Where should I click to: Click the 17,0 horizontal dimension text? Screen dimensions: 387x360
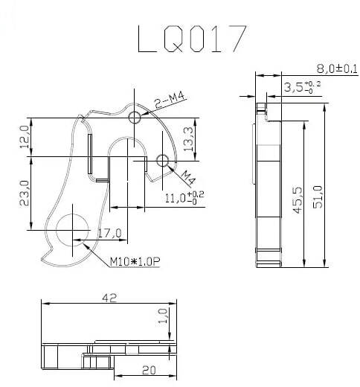pyautogui.click(x=109, y=234)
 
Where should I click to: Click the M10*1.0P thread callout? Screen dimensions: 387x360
pyautogui.click(x=135, y=261)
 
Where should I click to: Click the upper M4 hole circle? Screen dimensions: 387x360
pyautogui.click(x=135, y=118)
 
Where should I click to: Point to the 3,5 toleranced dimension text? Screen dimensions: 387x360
pyautogui.click(x=298, y=88)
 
